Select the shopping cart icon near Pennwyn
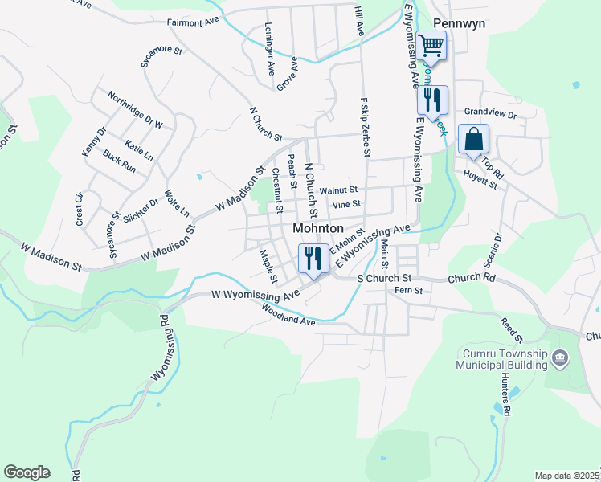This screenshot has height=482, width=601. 431,46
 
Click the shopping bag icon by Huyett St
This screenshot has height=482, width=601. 473,139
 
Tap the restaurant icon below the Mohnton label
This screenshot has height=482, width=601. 311,258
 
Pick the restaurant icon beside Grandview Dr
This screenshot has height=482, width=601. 431,100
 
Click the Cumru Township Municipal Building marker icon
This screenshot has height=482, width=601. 561,357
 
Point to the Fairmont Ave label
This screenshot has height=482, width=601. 193,22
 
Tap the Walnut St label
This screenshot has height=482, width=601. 338,190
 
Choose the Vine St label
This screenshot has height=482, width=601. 346,205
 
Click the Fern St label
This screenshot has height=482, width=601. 403,291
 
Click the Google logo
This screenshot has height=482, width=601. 27,472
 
